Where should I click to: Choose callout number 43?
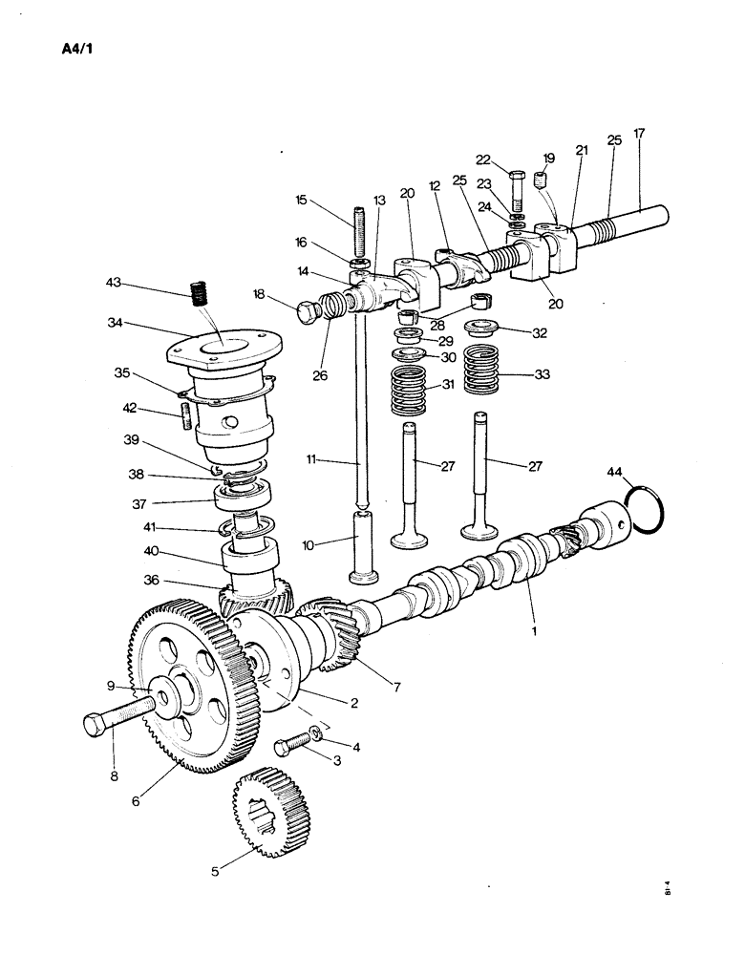tap(114, 284)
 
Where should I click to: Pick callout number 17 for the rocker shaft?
tap(639, 134)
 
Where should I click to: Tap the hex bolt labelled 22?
tap(516, 190)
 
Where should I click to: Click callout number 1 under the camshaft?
tap(534, 630)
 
